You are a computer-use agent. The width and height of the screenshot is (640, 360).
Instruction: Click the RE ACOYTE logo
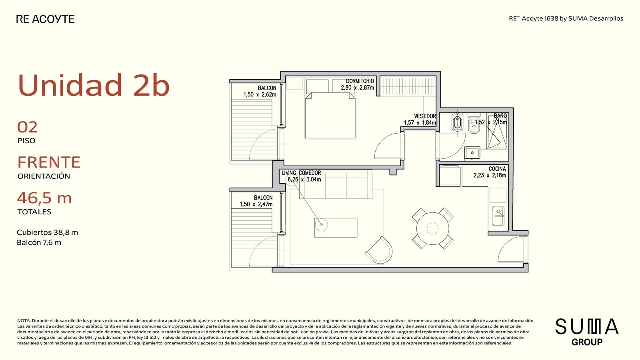pyautogui.click(x=46, y=19)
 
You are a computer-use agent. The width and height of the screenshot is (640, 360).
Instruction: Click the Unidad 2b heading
pyautogui.click(x=94, y=85)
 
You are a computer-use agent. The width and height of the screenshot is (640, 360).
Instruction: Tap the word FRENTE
pyautogui.click(x=49, y=162)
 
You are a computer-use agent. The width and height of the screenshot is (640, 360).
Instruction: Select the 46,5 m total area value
pyautogui.click(x=44, y=198)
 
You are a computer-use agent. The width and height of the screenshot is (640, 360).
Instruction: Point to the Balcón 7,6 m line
pyautogui.click(x=39, y=242)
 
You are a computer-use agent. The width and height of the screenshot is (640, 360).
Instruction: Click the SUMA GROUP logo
pyautogui.click(x=587, y=332)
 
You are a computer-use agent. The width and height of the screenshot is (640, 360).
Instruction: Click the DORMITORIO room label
pyautogui.click(x=360, y=81)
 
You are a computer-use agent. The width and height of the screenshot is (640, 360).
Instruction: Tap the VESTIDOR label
pyautogui.click(x=425, y=116)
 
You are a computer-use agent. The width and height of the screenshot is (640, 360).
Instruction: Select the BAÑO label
pyautogui.click(x=500, y=116)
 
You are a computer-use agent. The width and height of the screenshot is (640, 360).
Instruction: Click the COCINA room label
pyautogui.click(x=497, y=169)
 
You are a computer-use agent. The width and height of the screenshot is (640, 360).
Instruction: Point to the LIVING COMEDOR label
pyautogui.click(x=301, y=173)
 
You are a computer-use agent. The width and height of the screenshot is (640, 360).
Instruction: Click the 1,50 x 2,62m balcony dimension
pyautogui.click(x=260, y=94)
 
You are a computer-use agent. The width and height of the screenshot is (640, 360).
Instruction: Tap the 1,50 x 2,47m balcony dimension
pyautogui.click(x=256, y=204)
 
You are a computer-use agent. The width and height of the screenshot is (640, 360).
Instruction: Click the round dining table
pyautogui.click(x=432, y=228)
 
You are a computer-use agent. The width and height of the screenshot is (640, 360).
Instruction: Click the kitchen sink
pyautogui.click(x=498, y=216)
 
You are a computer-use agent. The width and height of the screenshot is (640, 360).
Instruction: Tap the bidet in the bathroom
pyautogui.click(x=458, y=122)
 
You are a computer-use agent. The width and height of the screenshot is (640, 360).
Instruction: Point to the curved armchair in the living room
pyautogui.click(x=380, y=250)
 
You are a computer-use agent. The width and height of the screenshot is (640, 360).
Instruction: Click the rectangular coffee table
pyautogui.click(x=336, y=228)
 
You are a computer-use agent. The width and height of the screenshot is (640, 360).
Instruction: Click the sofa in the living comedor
pyautogui.click(x=336, y=184)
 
